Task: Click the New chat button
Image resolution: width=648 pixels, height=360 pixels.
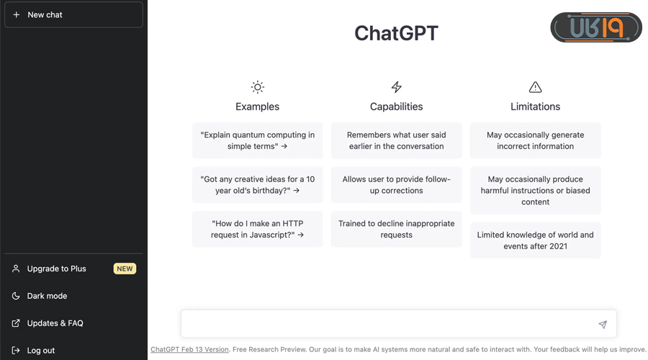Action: (x=73, y=15)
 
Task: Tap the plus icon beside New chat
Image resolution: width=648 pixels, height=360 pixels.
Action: (x=16, y=15)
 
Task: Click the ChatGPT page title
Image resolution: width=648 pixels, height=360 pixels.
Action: (x=396, y=33)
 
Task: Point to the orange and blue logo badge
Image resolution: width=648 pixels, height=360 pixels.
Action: (x=596, y=27)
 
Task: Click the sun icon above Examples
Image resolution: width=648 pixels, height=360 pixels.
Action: (x=258, y=87)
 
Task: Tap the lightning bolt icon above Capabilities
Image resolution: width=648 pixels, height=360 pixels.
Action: (x=396, y=87)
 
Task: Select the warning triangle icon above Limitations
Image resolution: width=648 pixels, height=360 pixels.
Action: (x=535, y=87)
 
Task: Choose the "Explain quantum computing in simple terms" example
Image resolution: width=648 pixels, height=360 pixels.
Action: (x=258, y=140)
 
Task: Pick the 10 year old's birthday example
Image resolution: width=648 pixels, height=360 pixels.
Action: (x=258, y=185)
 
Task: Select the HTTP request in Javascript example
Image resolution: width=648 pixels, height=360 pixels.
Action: (x=258, y=229)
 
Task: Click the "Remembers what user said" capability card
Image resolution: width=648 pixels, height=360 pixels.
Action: (x=396, y=140)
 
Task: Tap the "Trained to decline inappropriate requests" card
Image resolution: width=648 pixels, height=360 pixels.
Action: (x=396, y=229)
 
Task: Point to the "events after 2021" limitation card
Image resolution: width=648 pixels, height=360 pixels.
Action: (x=535, y=240)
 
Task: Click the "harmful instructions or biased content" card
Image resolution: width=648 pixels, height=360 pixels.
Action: (x=535, y=191)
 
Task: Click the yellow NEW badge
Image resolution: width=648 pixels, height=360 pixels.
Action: (x=125, y=269)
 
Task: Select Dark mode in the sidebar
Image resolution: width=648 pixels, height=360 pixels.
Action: (x=47, y=296)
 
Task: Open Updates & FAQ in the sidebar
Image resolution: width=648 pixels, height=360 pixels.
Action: (x=55, y=323)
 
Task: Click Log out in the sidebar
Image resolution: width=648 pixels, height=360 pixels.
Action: (x=40, y=351)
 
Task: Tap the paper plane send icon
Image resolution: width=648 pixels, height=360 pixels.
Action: (x=603, y=325)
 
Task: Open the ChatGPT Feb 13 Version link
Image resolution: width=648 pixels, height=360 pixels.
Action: (x=189, y=349)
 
